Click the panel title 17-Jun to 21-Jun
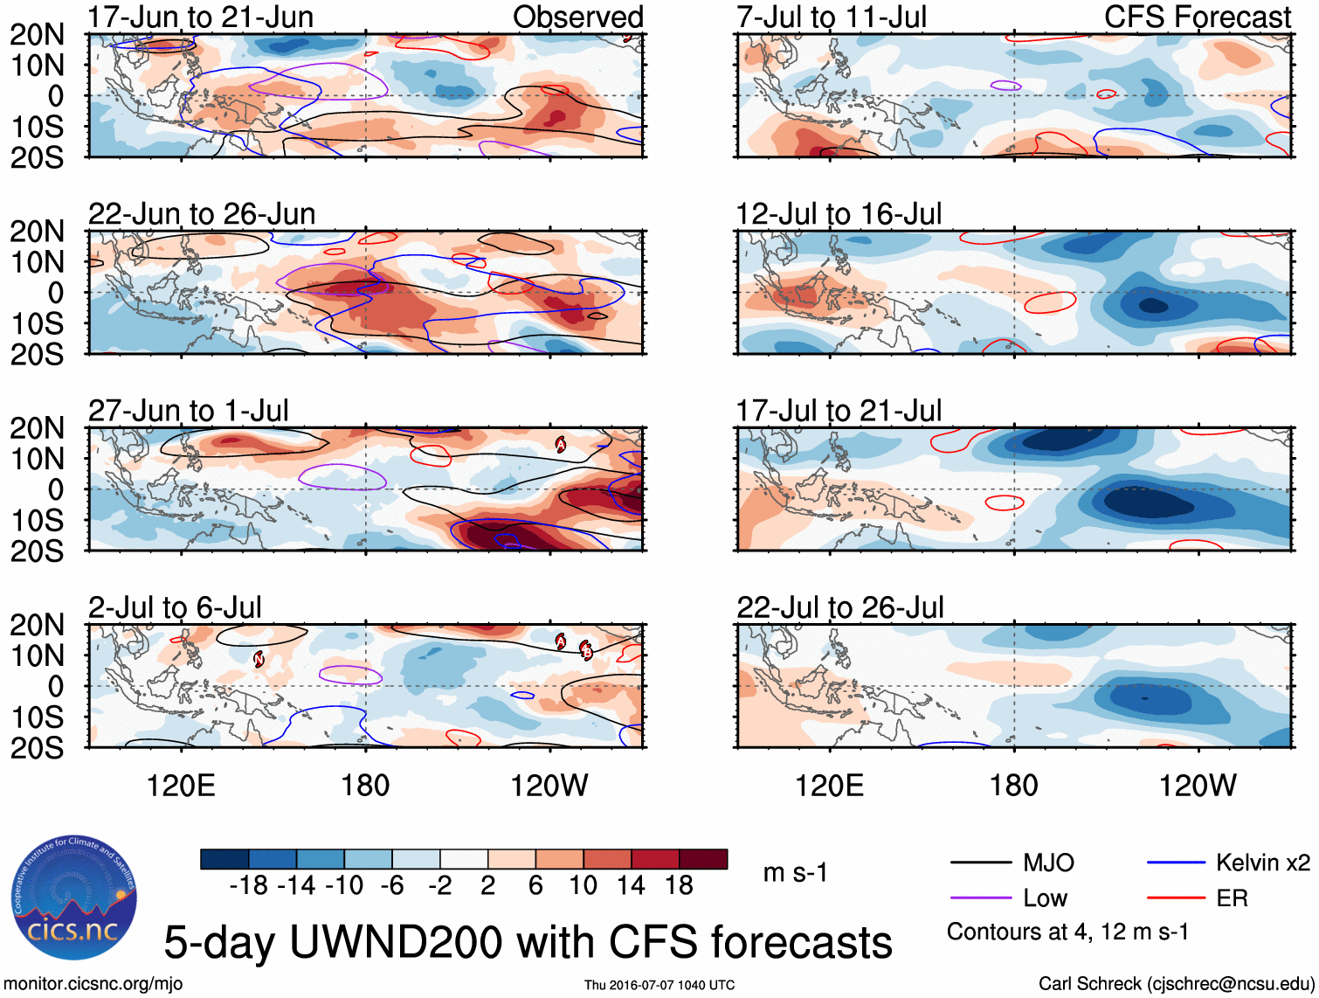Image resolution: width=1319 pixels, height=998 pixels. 201,17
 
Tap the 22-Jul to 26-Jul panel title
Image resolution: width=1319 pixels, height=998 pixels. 840,607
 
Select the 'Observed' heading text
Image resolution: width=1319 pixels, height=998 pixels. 577,17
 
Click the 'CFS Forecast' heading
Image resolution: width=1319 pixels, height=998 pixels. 1197,17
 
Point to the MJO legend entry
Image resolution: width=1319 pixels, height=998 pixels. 1048,863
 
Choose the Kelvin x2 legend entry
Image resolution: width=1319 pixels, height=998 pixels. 1262,863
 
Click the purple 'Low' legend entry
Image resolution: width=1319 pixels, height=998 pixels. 1045,898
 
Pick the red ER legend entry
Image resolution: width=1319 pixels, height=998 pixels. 1232,898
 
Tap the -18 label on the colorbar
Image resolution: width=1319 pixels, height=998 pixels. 248,886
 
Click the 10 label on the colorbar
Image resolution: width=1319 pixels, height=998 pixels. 583,886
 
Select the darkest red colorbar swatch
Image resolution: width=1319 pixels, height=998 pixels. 703,859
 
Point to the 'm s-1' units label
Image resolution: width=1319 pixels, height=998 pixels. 795,873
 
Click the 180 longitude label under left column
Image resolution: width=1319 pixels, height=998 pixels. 365,786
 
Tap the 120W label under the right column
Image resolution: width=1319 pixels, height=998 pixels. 1198,786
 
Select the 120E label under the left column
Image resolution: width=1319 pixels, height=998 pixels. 181,786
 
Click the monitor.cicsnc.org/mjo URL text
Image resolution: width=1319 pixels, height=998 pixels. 93,984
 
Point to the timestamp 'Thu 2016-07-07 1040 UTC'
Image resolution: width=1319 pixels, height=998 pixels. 659,985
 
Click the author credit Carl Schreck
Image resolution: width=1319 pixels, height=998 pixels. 1176,984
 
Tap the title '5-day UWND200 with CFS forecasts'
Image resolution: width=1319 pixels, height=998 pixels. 528,942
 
